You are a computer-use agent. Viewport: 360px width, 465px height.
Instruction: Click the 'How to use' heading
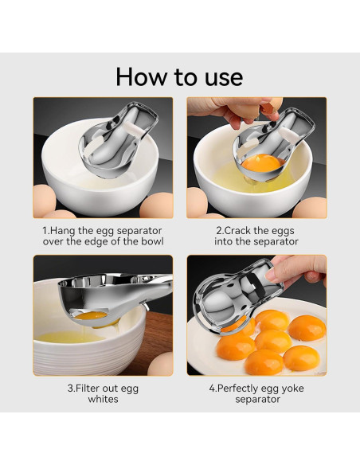click(x=179, y=76)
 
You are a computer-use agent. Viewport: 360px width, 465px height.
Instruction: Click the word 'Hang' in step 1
click(x=62, y=230)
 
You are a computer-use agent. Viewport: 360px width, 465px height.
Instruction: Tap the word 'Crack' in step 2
click(x=238, y=230)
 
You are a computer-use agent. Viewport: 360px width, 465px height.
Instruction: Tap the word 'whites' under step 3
click(x=103, y=399)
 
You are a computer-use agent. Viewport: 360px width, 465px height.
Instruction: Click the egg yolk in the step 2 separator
click(x=261, y=165)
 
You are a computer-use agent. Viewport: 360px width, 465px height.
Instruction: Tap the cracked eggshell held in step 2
click(x=271, y=107)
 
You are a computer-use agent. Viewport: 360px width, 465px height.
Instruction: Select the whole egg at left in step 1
click(x=44, y=201)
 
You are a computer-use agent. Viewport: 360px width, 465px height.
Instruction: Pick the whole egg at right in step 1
click(x=156, y=205)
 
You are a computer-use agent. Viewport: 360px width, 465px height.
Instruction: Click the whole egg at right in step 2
click(x=309, y=208)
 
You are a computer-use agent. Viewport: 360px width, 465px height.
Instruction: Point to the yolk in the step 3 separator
click(x=91, y=316)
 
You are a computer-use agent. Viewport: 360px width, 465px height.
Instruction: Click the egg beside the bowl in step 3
click(x=160, y=364)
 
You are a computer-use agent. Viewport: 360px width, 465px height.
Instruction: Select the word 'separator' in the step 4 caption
click(x=258, y=399)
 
